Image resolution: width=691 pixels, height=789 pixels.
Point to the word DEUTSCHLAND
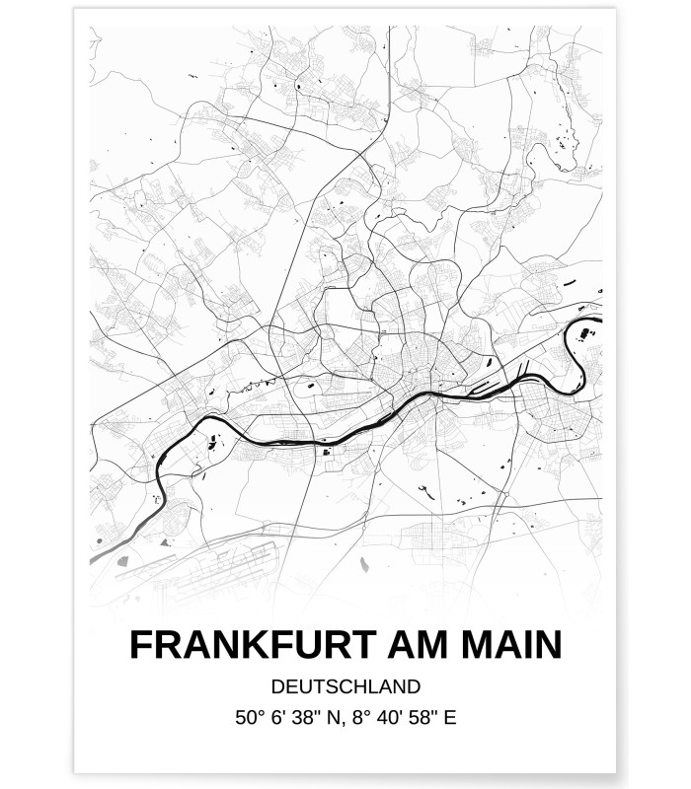tap(345, 686)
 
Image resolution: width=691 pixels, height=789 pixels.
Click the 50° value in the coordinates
tap(250, 719)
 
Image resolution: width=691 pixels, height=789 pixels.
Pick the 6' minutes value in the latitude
tap(279, 719)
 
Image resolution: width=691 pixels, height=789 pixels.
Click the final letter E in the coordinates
tap(450, 719)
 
